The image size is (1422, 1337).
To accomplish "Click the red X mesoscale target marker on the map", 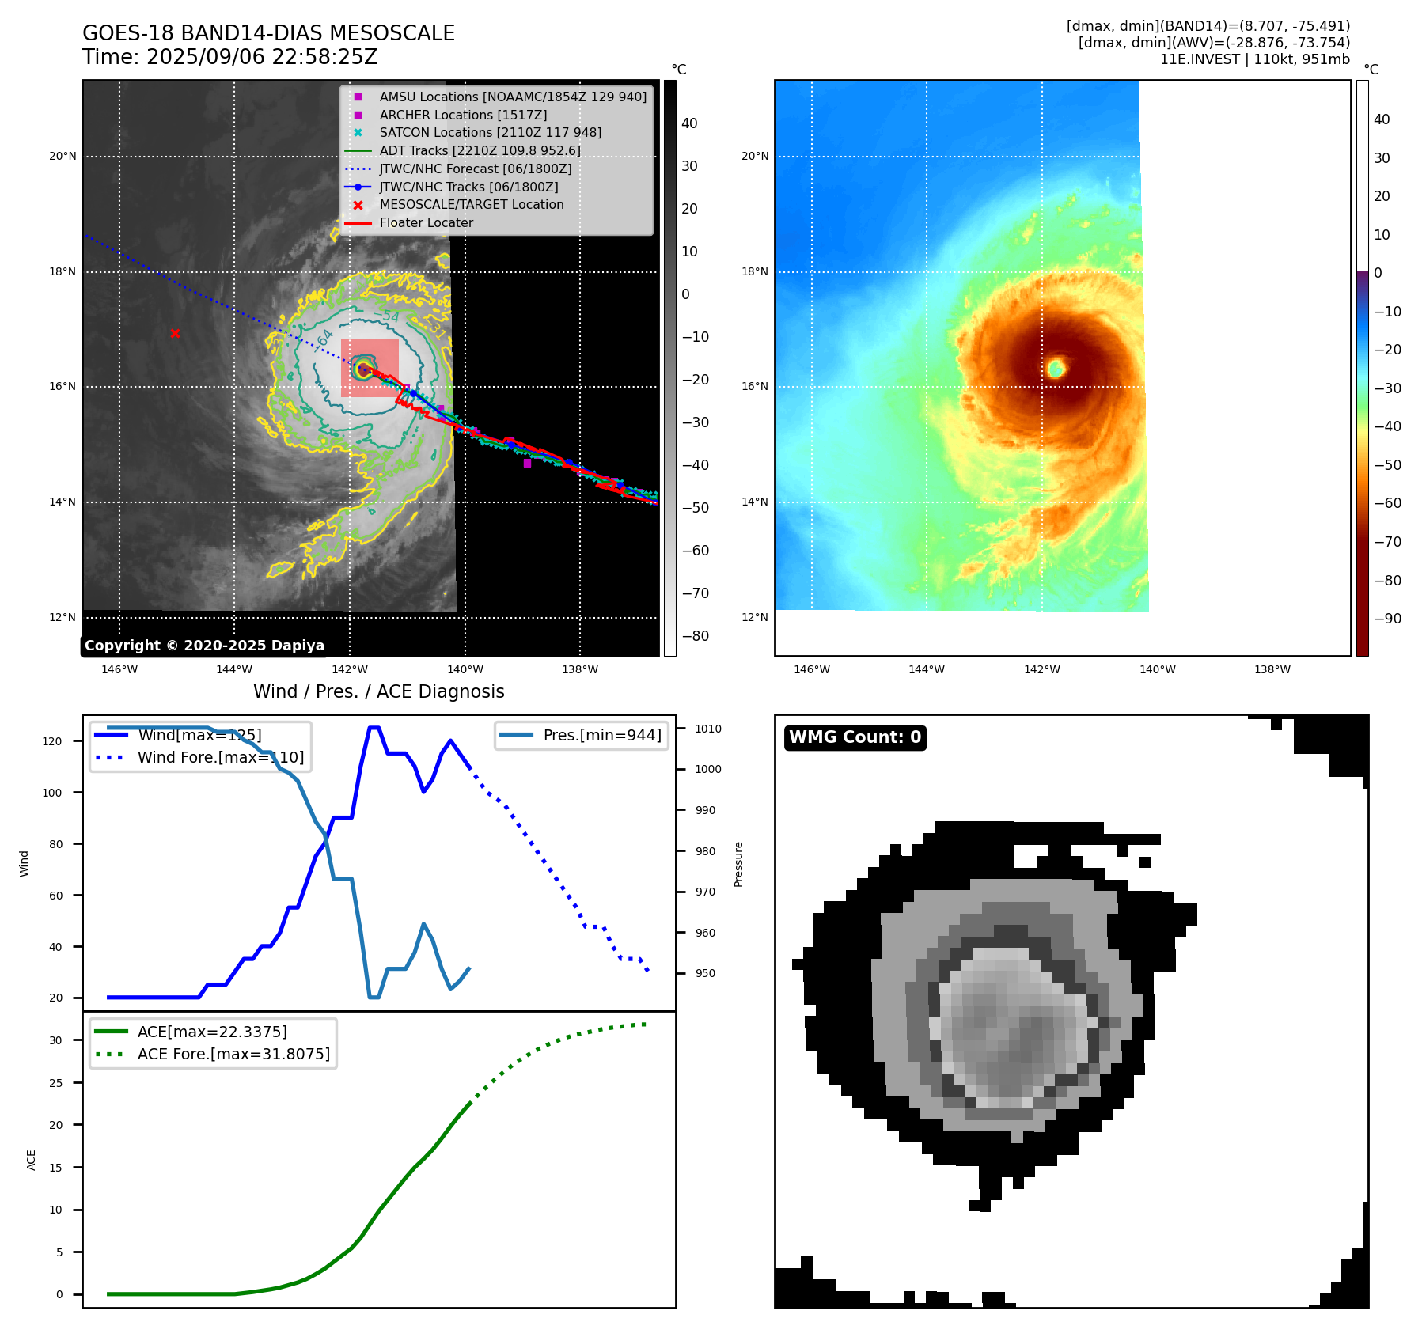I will [x=175, y=334].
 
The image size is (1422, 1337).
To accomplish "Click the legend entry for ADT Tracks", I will [x=480, y=150].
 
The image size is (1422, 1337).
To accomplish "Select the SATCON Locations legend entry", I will [x=490, y=132].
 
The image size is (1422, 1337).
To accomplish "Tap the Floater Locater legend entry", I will [x=426, y=222].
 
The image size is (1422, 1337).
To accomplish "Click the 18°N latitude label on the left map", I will [x=63, y=271].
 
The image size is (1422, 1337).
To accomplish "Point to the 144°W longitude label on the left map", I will [x=234, y=669].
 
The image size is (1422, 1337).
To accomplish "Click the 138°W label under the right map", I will [x=1272, y=669].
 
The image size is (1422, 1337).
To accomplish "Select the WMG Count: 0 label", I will [x=855, y=737].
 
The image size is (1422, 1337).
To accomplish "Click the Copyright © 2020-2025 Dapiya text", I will [x=204, y=646].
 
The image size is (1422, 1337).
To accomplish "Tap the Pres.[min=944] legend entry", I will [x=602, y=735].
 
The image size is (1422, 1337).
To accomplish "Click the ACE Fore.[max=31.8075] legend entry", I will [x=233, y=1054].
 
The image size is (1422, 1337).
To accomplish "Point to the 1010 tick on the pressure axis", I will [x=708, y=729].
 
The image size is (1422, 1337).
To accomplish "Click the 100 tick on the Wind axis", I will [x=52, y=793].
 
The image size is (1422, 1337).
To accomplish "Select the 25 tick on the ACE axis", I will [x=55, y=1083].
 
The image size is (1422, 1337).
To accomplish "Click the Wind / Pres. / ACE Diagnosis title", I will [x=378, y=691].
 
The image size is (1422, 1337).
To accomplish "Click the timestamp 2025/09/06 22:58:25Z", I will [x=262, y=57].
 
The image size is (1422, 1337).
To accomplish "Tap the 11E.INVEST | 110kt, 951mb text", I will [x=1254, y=59].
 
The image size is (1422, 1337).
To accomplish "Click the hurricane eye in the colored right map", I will [x=1056, y=368].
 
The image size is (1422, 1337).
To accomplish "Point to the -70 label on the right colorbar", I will [x=1387, y=542].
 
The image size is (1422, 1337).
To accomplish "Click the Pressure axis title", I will [x=738, y=864].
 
